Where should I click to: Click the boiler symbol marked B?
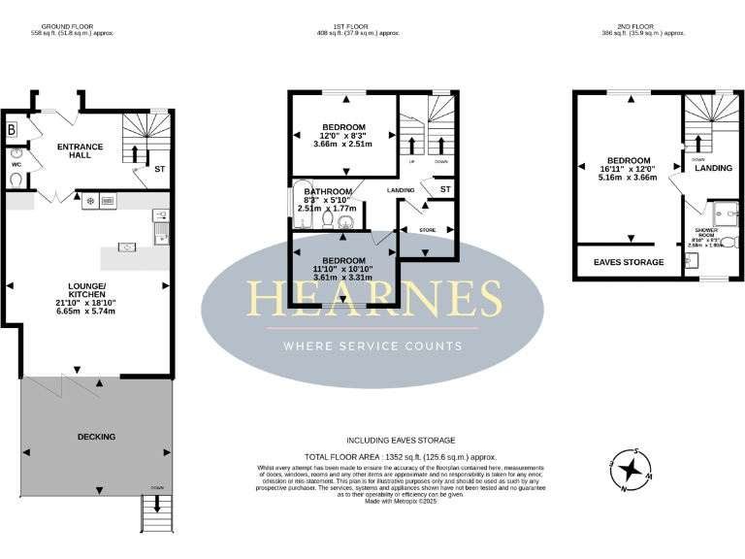tap(12, 129)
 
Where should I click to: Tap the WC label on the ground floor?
tap(16, 165)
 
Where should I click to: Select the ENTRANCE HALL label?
tap(80, 151)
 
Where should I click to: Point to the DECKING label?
tap(96, 437)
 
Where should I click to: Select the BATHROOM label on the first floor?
tap(327, 192)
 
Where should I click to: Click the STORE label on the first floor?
tap(428, 230)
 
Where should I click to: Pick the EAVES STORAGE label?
tap(629, 262)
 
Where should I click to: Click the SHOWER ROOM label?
tap(705, 234)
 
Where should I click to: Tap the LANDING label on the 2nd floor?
tap(713, 168)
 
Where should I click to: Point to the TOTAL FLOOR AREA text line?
tap(401, 455)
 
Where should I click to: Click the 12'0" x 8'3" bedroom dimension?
tap(344, 136)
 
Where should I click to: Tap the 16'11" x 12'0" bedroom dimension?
tap(628, 169)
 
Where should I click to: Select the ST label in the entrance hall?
tap(159, 169)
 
